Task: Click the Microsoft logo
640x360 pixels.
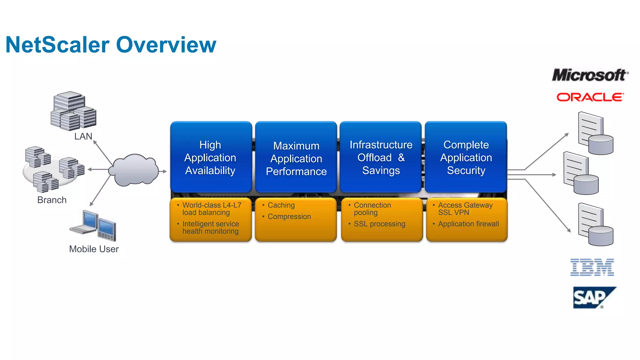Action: point(590,75)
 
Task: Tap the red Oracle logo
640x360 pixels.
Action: point(590,97)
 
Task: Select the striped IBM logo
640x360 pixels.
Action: point(592,267)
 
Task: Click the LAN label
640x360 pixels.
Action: point(83,136)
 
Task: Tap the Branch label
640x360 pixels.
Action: point(52,200)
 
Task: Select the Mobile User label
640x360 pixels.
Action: point(94,249)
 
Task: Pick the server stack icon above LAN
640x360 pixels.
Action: point(73,111)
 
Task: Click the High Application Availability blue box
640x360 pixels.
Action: point(211,157)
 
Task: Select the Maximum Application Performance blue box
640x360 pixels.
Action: point(296,158)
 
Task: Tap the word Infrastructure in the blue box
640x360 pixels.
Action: point(381,145)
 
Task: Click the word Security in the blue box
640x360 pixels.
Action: point(466,171)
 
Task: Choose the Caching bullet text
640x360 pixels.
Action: point(281,205)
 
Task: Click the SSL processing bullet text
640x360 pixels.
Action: point(379,224)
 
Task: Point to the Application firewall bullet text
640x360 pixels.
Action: point(468,224)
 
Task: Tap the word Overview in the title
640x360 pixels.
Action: point(166,45)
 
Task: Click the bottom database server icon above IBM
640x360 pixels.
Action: point(595,225)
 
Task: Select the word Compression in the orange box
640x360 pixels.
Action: point(289,217)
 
